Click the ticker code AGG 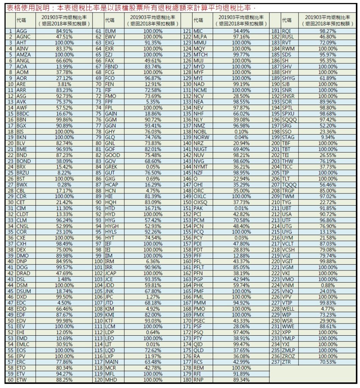(x=22, y=31)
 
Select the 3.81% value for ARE (x=64, y=84)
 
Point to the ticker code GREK (x=111, y=167)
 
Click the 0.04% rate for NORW (x=241, y=137)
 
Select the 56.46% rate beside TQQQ (x=328, y=184)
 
